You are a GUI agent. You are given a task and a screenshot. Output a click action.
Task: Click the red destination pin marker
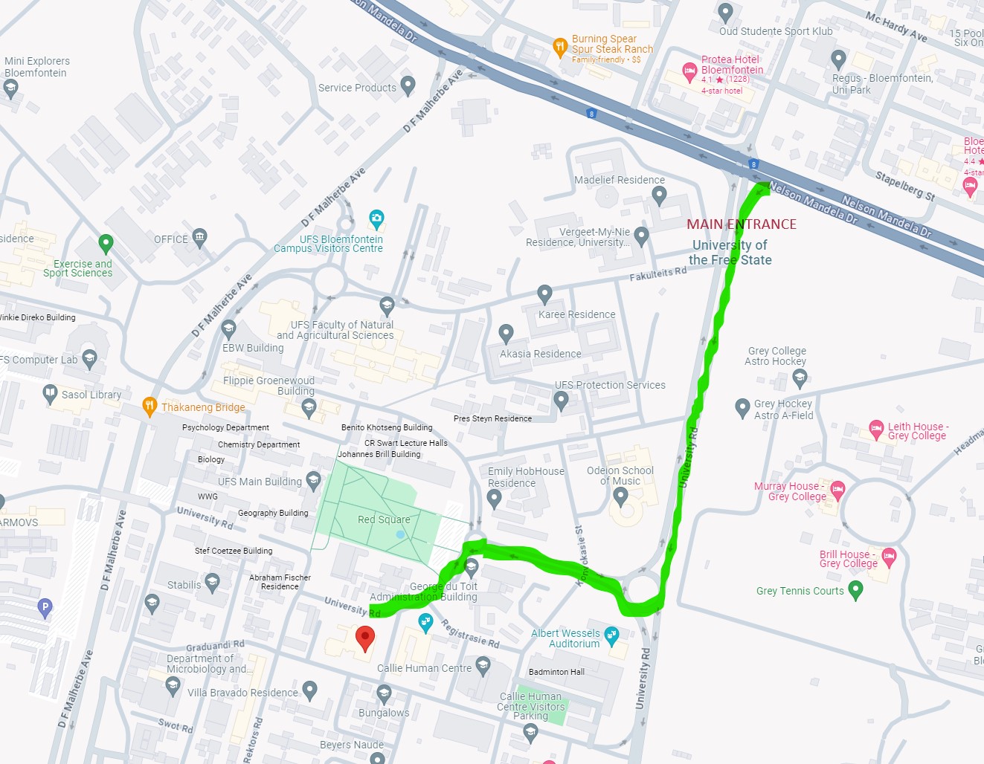click(364, 638)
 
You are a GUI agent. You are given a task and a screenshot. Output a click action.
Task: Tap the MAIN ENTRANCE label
click(741, 224)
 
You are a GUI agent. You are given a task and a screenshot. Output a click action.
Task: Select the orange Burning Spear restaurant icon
click(560, 48)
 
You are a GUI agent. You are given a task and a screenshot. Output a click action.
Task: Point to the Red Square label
click(384, 519)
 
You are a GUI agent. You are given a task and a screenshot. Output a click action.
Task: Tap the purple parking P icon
click(45, 608)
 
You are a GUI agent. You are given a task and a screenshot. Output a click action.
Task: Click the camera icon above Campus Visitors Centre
click(376, 219)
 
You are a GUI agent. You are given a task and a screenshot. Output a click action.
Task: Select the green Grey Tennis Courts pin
click(855, 590)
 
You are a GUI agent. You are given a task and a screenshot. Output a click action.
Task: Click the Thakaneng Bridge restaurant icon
click(149, 406)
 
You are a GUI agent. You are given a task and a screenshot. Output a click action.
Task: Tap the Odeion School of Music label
click(620, 476)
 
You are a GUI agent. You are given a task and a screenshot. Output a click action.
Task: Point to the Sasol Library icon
click(50, 393)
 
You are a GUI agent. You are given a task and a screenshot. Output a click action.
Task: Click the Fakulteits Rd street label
click(657, 274)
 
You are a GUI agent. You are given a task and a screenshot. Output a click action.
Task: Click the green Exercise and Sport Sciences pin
click(106, 243)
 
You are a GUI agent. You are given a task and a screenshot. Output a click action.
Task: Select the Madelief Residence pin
click(659, 195)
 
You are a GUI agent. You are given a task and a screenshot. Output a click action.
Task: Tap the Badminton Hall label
click(556, 672)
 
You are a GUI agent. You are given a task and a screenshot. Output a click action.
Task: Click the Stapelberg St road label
click(904, 186)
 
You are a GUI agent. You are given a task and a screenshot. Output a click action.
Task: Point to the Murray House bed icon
click(837, 489)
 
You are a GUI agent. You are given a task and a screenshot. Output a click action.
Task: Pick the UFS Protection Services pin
click(562, 401)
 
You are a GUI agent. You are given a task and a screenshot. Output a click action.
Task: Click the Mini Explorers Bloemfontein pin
click(10, 88)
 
